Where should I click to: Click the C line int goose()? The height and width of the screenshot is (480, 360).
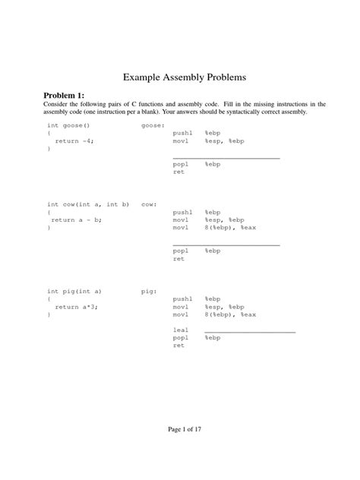pyautogui.click(x=69, y=125)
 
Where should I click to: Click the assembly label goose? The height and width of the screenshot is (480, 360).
pyautogui.click(x=153, y=125)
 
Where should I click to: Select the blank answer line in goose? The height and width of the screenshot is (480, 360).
pyautogui.click(x=226, y=157)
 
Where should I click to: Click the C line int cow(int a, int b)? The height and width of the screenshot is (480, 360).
pyautogui.click(x=89, y=204)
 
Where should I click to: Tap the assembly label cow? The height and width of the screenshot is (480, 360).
pyautogui.click(x=149, y=204)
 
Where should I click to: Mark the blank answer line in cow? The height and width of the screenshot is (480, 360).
pyautogui.click(x=226, y=245)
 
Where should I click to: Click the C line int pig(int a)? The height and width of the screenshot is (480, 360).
pyautogui.click(x=74, y=290)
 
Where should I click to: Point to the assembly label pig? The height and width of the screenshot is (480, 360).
pyautogui.click(x=149, y=290)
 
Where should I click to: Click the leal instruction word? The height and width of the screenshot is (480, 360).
pyautogui.click(x=181, y=330)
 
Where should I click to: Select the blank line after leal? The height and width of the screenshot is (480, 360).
pyautogui.click(x=250, y=332)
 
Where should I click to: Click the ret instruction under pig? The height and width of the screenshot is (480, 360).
pyautogui.click(x=179, y=346)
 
